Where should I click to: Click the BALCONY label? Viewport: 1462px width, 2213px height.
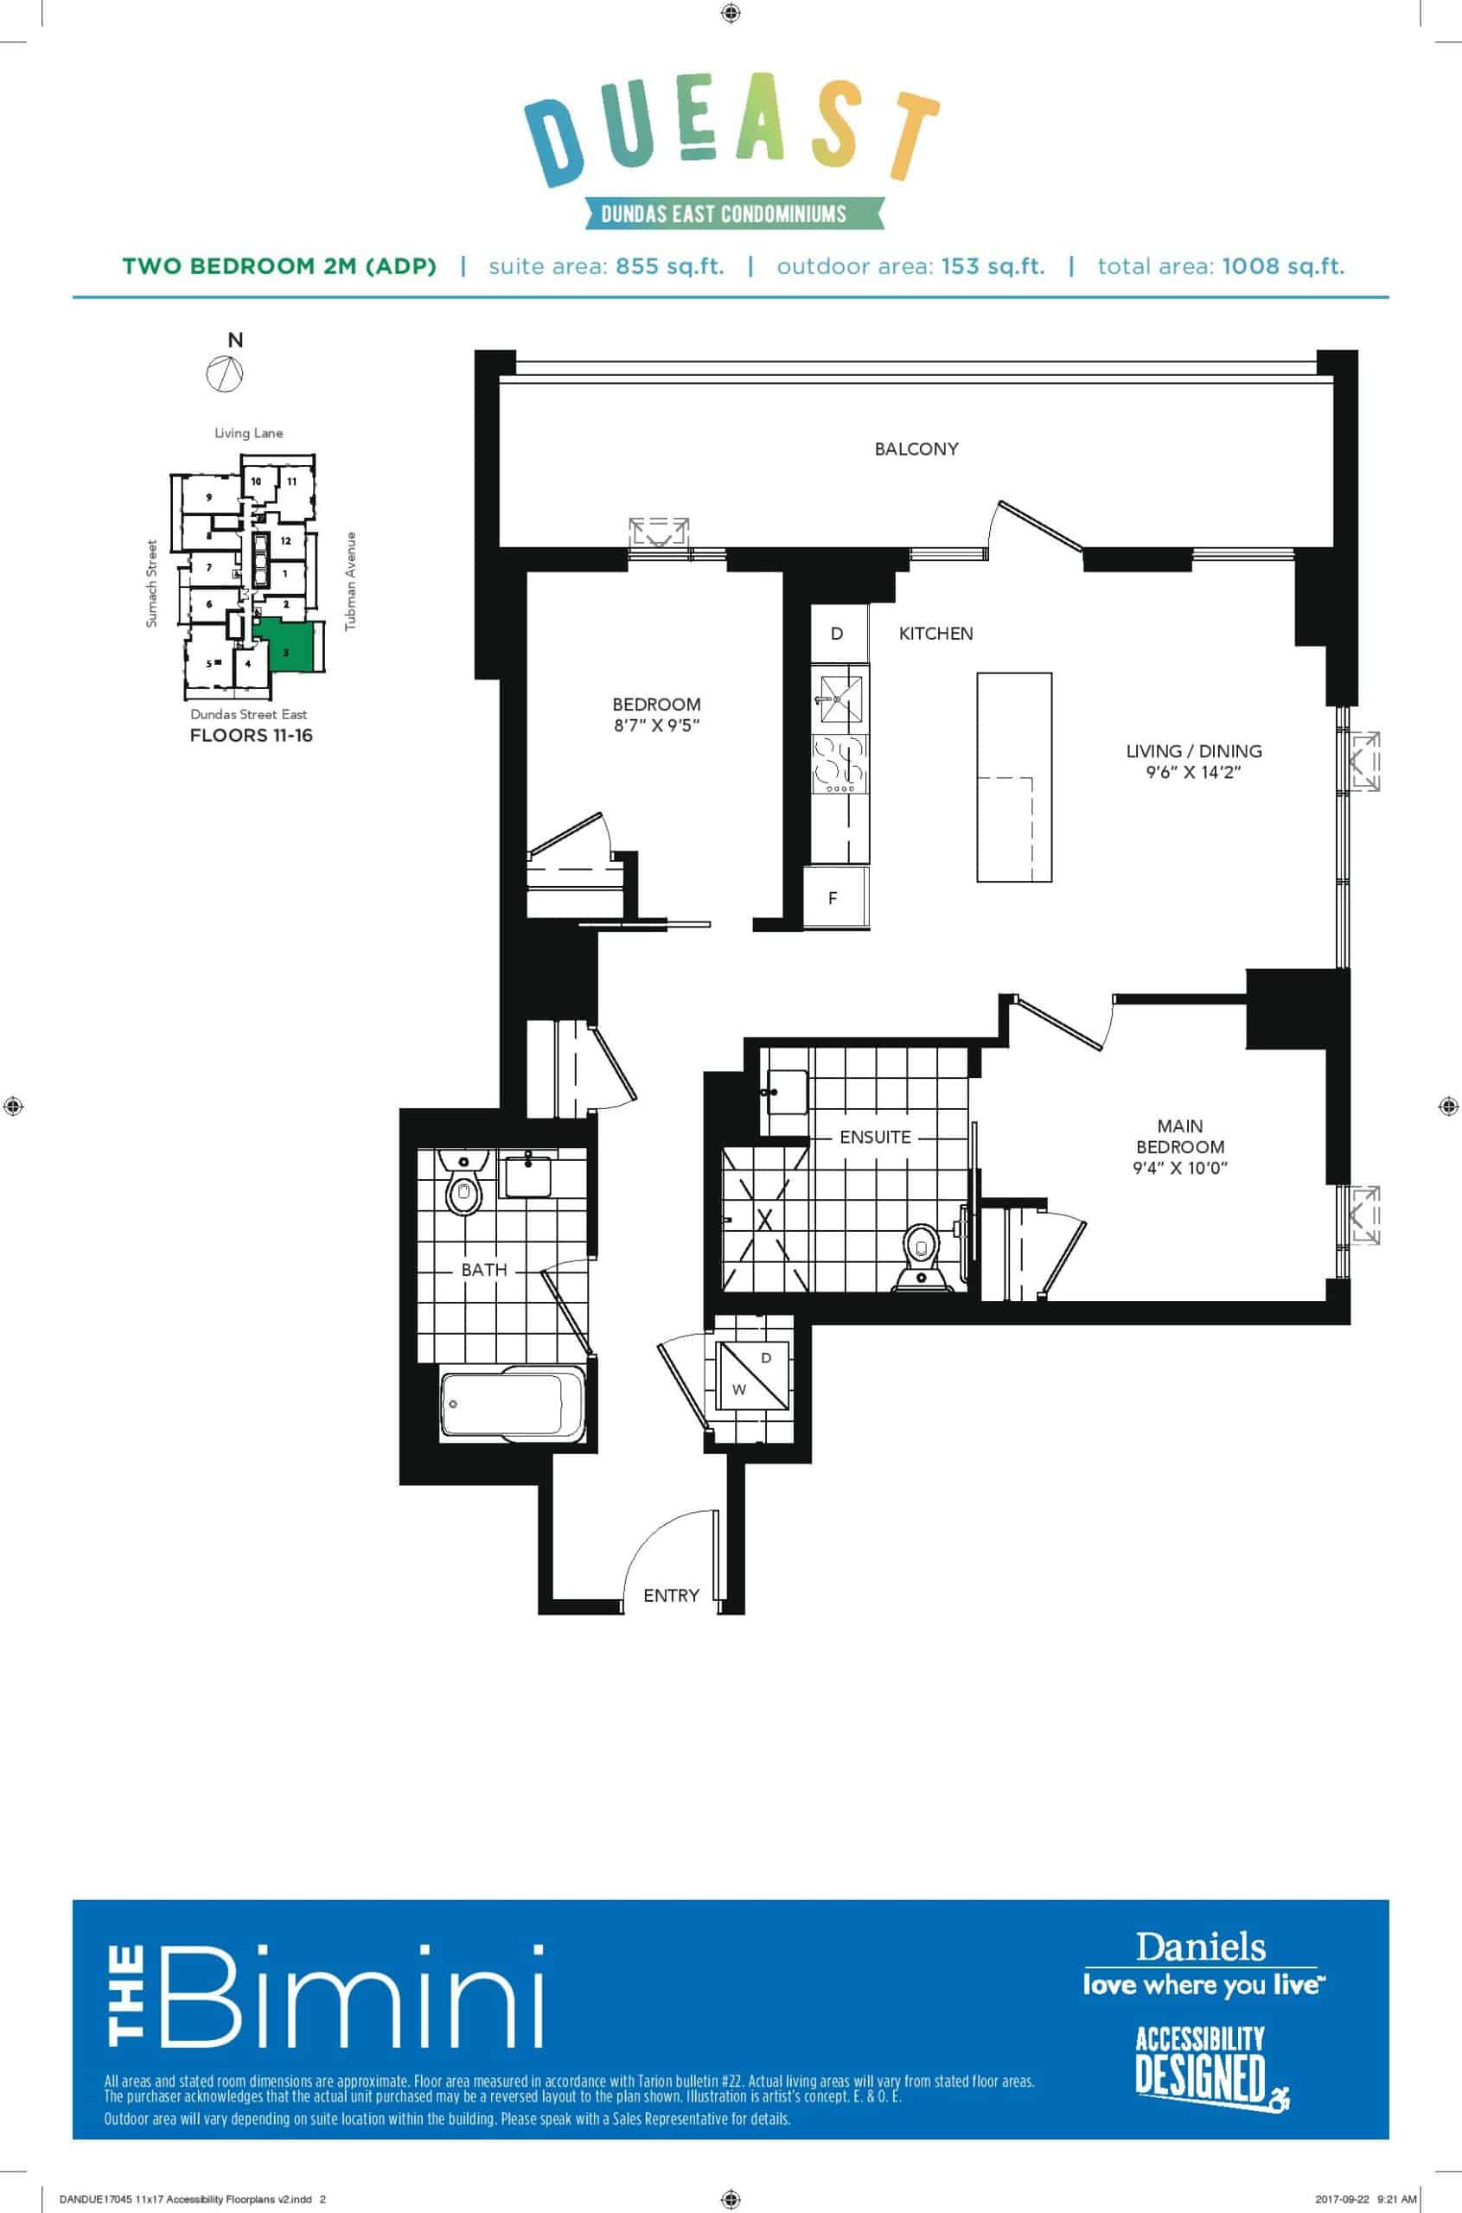tap(916, 449)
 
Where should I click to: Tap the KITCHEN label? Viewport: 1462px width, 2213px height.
tap(935, 633)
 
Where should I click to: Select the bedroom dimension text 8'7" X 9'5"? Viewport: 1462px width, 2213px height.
tap(656, 725)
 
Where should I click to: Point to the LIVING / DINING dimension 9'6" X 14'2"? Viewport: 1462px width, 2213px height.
tap(1193, 772)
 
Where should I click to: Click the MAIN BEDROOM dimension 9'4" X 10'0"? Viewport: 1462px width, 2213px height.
tap(1179, 1167)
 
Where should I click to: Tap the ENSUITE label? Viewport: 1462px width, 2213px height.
tap(875, 1137)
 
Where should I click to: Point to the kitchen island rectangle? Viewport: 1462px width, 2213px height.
tap(1014, 776)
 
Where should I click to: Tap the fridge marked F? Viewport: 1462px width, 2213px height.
tap(835, 896)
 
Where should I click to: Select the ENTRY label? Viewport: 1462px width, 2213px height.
tap(671, 1595)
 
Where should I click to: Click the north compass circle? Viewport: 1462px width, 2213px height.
tap(226, 373)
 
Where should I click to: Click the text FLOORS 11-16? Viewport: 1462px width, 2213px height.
tap(251, 735)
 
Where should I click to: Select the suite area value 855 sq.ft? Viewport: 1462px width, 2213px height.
tap(669, 266)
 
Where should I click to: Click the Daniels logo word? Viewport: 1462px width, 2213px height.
tap(1200, 1948)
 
